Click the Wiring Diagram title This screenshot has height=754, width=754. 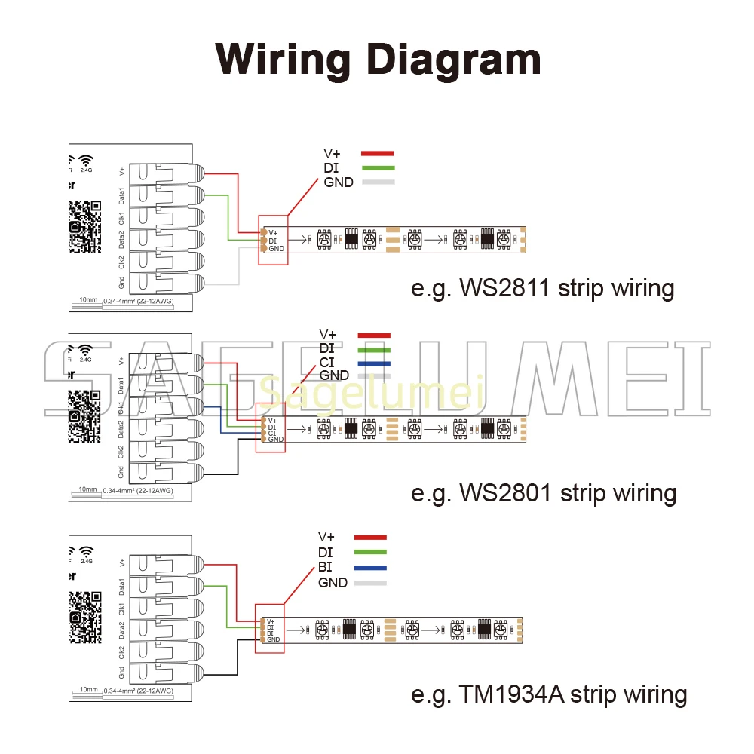[378, 58]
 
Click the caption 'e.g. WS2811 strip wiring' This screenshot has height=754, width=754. [542, 289]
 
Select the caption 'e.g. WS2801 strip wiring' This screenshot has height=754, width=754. [543, 493]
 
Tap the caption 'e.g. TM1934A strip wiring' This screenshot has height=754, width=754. [549, 694]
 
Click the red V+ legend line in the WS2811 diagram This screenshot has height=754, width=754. [378, 154]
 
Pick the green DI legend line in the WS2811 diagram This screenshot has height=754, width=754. [378, 167]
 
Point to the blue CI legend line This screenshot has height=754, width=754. [373, 363]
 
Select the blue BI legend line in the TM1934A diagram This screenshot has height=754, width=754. [369, 568]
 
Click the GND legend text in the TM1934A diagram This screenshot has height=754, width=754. [333, 583]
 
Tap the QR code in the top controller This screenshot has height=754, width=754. [85, 226]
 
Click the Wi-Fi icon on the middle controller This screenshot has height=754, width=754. [85, 351]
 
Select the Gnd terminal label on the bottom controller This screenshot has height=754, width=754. [122, 673]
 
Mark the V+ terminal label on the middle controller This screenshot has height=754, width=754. [122, 360]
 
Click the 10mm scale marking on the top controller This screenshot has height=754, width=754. [89, 300]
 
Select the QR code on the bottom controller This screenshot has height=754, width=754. [85, 616]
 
